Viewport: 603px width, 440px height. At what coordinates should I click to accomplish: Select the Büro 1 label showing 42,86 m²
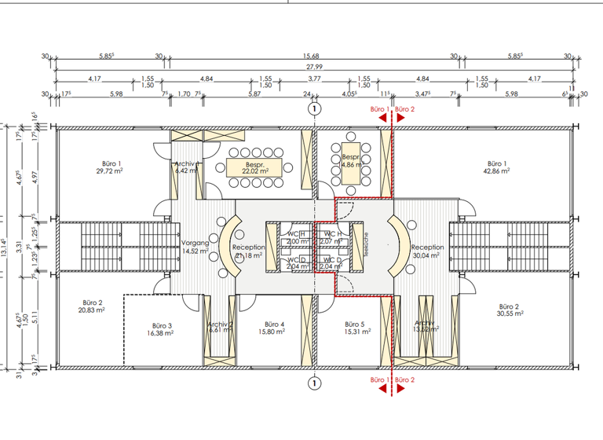coord(497,166)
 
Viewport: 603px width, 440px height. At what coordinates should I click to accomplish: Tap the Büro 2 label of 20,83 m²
coord(93,307)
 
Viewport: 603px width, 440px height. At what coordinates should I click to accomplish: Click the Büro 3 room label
coord(161,329)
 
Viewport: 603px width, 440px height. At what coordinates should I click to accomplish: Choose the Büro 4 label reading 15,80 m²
coord(274,328)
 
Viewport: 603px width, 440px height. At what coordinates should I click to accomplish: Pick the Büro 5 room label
coord(355,328)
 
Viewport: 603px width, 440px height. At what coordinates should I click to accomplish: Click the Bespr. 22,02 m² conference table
coord(247,167)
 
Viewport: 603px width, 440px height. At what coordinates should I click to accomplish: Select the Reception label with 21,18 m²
coord(248,251)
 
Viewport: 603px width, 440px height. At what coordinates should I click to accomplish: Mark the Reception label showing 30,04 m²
coord(428,251)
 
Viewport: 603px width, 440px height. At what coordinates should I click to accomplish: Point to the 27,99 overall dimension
coord(313,68)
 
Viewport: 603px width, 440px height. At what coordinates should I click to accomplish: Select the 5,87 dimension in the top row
coord(254,94)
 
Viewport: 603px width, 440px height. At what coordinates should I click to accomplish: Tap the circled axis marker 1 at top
coord(314,109)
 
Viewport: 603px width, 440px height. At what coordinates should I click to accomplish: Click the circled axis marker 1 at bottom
coord(314,383)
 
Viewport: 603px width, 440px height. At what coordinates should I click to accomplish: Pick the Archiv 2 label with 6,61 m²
coord(220,328)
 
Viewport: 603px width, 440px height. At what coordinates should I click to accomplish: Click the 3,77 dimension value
coord(314,79)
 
